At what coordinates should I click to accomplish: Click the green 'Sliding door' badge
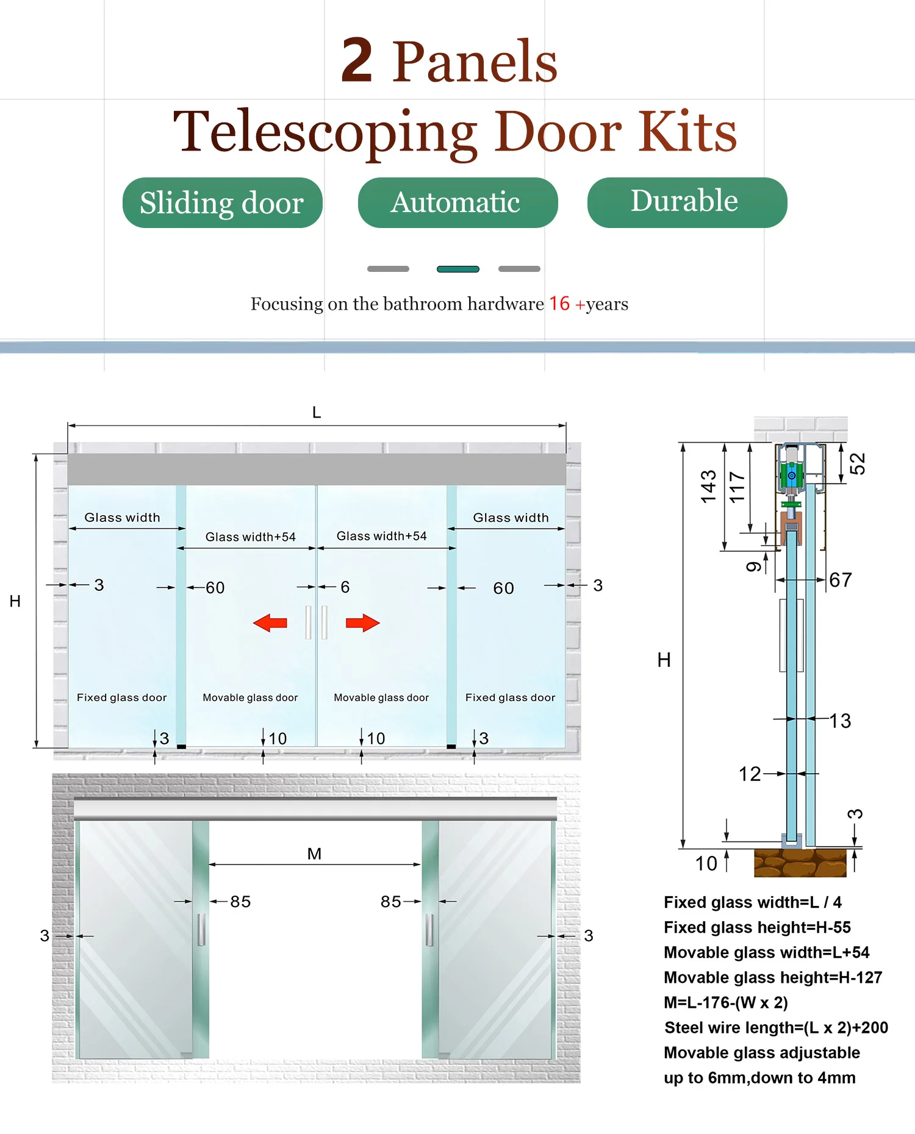tap(222, 202)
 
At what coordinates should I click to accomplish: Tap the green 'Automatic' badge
tap(457, 202)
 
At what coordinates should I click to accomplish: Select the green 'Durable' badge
tap(687, 202)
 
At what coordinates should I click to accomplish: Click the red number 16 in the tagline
tap(559, 304)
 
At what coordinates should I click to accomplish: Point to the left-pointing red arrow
tap(270, 623)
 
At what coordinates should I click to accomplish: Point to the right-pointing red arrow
tap(363, 623)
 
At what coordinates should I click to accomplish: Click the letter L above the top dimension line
tap(317, 413)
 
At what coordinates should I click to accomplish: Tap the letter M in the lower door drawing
tap(314, 854)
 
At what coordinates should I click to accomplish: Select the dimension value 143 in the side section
tap(709, 487)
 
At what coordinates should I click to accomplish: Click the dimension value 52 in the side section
tap(858, 463)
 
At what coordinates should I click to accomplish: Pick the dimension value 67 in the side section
tap(841, 580)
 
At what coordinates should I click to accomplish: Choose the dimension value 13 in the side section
tap(841, 721)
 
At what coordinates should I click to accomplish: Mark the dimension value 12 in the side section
tap(750, 774)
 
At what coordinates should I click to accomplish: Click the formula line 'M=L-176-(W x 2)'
tap(726, 1002)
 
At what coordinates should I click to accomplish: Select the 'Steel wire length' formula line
tap(776, 1028)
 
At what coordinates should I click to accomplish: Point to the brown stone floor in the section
tap(800, 863)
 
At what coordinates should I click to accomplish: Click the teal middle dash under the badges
tap(458, 269)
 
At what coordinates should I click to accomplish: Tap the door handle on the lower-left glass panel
tap(201, 930)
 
